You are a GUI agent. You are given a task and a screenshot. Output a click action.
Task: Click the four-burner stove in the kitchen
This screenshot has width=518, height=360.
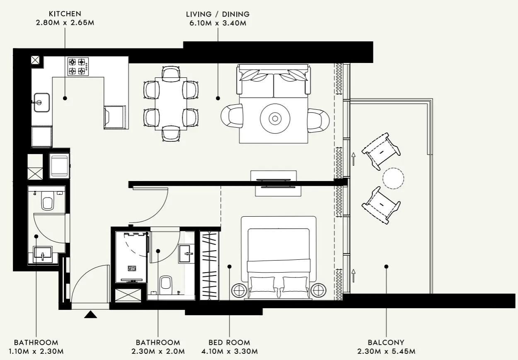click(x=77, y=67)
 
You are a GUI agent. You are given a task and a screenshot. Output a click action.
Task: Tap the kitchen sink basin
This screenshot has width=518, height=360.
click(x=41, y=102)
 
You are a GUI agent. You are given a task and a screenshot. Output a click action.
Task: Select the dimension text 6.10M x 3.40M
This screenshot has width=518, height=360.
click(x=218, y=23)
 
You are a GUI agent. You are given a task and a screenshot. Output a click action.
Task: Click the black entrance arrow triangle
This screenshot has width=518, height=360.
click(x=90, y=314)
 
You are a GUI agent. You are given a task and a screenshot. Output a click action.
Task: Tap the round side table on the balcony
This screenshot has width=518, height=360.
click(x=393, y=179)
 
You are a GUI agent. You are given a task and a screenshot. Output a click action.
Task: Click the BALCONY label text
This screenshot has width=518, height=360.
click(x=386, y=343)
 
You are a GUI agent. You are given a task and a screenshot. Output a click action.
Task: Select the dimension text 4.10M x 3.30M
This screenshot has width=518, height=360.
click(x=229, y=352)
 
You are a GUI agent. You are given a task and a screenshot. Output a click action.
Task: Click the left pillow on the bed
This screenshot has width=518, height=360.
click(x=262, y=285)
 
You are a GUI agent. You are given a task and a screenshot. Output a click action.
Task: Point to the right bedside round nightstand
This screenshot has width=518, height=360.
click(x=318, y=290)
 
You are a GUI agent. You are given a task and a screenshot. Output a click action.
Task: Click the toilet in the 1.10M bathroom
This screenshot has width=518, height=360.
click(x=47, y=203)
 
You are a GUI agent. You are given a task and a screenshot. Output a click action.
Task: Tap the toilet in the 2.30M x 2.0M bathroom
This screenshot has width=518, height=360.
click(x=166, y=283)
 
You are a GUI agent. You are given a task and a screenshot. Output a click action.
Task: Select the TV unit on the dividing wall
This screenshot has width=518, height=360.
click(x=273, y=183)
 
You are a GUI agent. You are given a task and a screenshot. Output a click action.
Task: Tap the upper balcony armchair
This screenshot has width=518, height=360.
click(x=381, y=151)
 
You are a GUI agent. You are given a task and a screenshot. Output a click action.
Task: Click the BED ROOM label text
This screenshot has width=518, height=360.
click(x=229, y=343)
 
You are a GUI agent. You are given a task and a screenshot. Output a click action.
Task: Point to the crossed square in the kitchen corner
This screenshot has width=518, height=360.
click(x=35, y=60)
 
